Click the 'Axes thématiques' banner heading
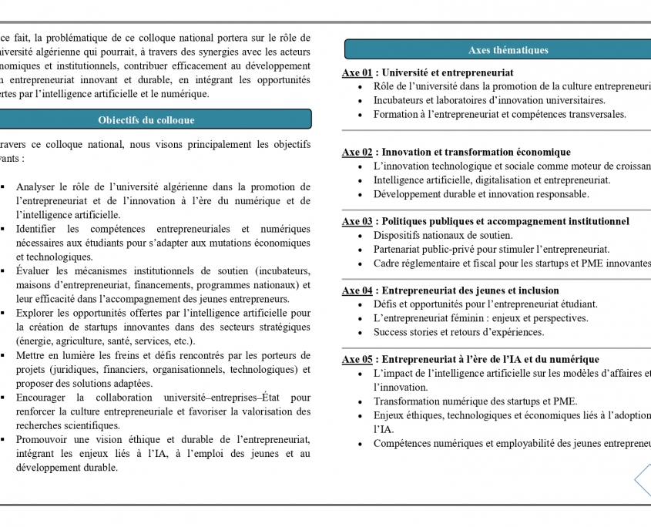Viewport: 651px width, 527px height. click(x=508, y=50)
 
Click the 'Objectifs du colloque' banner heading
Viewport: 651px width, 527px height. click(x=146, y=119)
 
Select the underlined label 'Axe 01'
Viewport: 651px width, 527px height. click(x=357, y=72)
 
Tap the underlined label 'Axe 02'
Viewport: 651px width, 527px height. click(x=357, y=153)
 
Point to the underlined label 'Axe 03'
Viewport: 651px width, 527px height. click(x=357, y=221)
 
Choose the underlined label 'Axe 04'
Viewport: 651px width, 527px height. click(x=357, y=290)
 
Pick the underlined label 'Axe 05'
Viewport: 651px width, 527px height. click(x=357, y=359)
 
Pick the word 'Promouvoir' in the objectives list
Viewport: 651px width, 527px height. click(x=42, y=439)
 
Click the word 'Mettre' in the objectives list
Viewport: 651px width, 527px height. click(x=31, y=355)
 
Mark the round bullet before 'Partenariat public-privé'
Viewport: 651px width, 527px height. click(x=361, y=250)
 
